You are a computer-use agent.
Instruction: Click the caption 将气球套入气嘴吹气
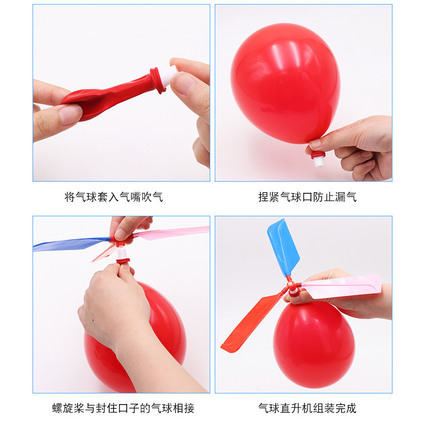[x=114, y=197]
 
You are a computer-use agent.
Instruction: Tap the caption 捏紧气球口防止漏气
[x=307, y=197]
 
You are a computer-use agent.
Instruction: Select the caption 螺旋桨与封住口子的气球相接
[x=123, y=408]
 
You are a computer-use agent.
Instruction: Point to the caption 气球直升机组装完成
[x=307, y=408]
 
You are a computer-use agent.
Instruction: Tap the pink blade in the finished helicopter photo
[x=342, y=287]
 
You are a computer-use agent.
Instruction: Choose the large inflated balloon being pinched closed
[x=285, y=84]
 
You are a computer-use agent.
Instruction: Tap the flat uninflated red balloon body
[x=109, y=95]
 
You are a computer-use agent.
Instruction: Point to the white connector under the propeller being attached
[x=122, y=253]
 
